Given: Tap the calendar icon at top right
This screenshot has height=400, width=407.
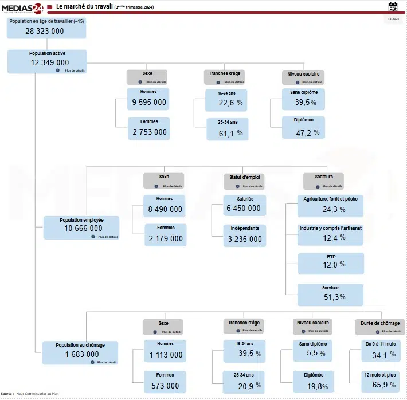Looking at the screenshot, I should tap(393, 6).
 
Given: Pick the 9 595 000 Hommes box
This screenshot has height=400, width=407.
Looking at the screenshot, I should tap(149, 99).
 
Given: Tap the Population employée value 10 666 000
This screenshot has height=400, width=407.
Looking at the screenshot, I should tap(81, 228).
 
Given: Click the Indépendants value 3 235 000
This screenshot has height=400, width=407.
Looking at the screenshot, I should tap(244, 236).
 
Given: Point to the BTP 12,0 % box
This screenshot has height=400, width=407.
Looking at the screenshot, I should tap(331, 264).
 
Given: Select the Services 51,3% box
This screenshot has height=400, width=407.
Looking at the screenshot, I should tap(331, 293).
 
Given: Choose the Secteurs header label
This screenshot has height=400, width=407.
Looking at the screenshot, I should tap(323, 177).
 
